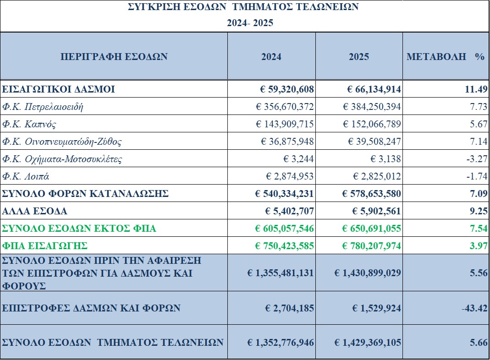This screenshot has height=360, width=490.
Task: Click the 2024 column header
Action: tap(271, 57)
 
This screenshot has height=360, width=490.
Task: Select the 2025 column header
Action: tap(359, 57)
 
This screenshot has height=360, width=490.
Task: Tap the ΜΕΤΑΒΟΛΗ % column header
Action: tap(446, 57)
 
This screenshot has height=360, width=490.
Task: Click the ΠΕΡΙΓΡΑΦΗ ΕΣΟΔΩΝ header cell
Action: tap(114, 57)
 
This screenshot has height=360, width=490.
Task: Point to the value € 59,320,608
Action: tap(285, 89)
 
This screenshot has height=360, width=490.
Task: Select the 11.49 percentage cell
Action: tap(476, 89)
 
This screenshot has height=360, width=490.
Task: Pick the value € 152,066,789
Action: tap(372, 125)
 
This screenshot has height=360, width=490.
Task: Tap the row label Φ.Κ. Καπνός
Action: tap(29, 125)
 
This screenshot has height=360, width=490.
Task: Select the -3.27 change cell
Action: tap(477, 159)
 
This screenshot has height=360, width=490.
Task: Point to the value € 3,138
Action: tap(386, 159)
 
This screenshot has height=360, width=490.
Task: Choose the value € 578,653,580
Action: tap(372, 194)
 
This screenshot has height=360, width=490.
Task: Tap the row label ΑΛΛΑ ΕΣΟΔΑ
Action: tap(35, 211)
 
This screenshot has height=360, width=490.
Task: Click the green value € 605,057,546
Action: tap(285, 229)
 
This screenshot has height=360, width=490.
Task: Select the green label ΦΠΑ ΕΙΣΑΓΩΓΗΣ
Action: tap(45, 246)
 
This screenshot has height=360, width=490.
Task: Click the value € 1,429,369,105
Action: tap(368, 342)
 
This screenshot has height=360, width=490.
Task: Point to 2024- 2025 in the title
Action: tap(250, 23)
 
